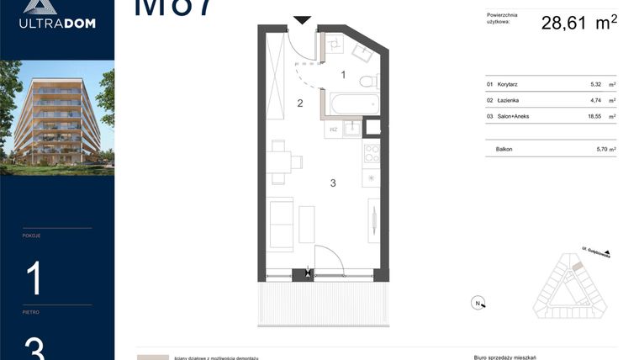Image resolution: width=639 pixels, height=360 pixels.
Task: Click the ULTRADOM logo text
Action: tap(57, 24)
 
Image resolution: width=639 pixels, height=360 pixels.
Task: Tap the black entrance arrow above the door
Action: tap(302, 20)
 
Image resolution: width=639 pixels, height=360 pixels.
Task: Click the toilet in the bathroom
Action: tap(367, 82)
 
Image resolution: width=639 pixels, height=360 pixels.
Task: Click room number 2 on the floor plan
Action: tap(299, 103)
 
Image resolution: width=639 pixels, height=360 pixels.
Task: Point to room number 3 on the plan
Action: tap(333, 183)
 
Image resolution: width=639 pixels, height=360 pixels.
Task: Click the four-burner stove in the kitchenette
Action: tap(371, 153)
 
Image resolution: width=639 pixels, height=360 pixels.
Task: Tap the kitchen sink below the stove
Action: tap(371, 178)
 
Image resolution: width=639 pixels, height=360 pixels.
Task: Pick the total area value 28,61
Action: tap(567, 23)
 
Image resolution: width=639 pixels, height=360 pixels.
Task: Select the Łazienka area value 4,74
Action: tap(597, 100)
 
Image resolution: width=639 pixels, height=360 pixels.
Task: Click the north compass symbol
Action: tap(478, 303)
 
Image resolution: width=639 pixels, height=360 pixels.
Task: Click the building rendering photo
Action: tap(57, 117)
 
